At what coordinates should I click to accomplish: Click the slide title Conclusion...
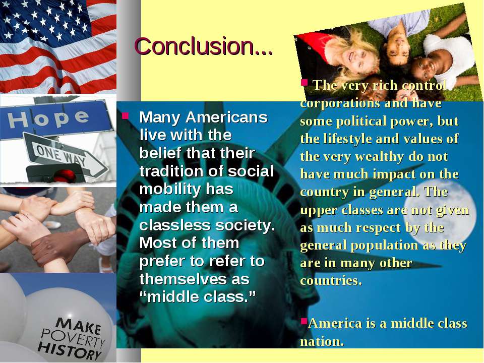point(204,46)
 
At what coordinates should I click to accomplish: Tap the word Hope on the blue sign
point(48,119)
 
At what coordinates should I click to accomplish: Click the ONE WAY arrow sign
point(66,156)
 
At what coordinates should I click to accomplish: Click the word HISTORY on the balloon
point(69,350)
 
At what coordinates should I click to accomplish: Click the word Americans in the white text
point(226,117)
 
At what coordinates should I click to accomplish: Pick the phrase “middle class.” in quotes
point(198,297)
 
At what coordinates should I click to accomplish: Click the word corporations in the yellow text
point(339,104)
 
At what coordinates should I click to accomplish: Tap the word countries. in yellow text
point(331,281)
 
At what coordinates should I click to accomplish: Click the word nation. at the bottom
point(322,341)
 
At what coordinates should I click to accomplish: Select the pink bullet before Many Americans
point(125,116)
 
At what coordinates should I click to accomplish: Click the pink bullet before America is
point(304,322)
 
